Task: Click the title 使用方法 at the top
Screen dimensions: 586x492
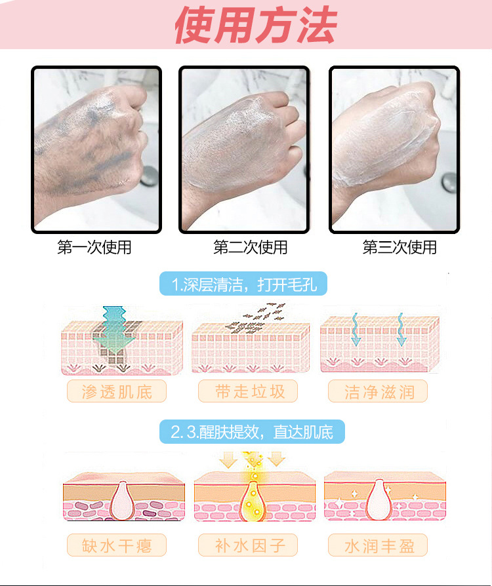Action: [255, 26]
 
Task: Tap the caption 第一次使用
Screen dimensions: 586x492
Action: [94, 248]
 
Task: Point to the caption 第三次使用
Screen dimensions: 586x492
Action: [400, 248]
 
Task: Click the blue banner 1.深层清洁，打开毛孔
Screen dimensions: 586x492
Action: [243, 285]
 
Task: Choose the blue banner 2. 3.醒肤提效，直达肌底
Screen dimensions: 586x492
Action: [252, 432]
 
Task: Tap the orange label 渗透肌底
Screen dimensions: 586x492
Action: [116, 391]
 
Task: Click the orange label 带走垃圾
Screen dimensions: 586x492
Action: [249, 391]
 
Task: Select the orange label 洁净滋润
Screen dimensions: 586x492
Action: [379, 391]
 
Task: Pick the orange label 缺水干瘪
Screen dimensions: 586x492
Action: [116, 545]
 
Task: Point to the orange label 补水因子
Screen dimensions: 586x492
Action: [249, 545]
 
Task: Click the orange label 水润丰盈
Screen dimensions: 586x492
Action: [379, 545]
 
